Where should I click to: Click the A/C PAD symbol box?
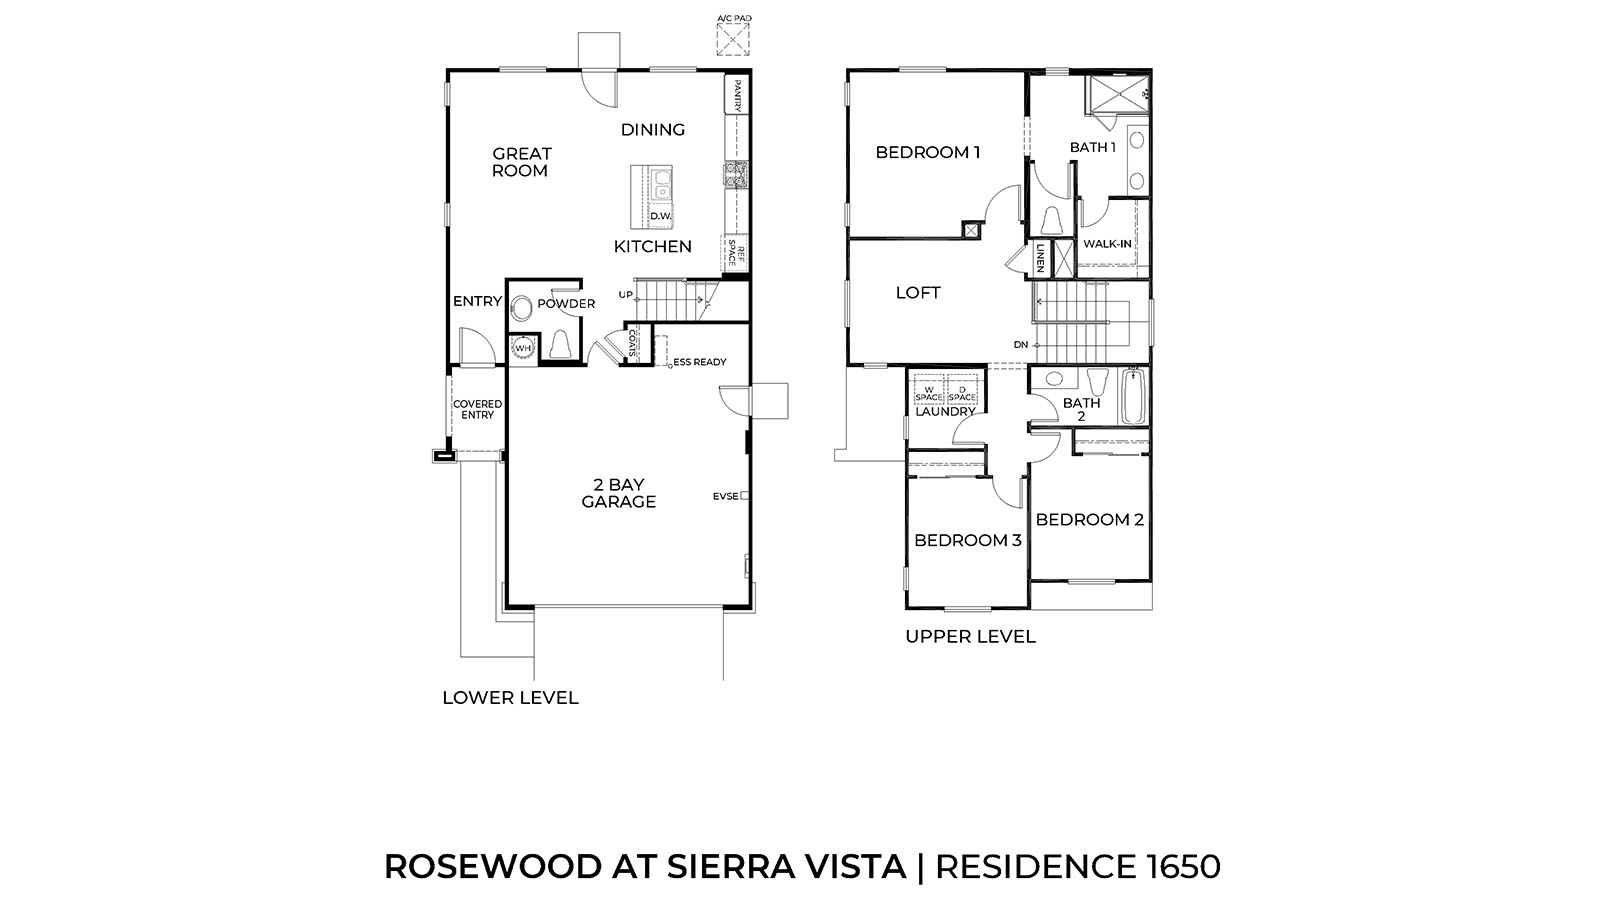[x=733, y=40]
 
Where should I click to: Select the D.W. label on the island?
[x=660, y=216]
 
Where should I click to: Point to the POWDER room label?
[x=566, y=304]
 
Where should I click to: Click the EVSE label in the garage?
[x=726, y=496]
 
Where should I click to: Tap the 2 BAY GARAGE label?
[x=619, y=493]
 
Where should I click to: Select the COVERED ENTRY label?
[x=477, y=409]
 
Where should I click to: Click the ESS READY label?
[x=700, y=362]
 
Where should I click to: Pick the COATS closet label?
[x=632, y=343]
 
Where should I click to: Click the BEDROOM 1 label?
[x=927, y=152]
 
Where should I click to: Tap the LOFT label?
[x=918, y=293]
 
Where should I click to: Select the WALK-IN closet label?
[x=1107, y=243]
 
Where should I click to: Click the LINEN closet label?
[x=1040, y=257]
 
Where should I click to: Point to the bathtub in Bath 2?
[x=1133, y=397]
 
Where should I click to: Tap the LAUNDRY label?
[x=945, y=411]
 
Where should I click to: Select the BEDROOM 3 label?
[x=967, y=540]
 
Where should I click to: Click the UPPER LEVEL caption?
[x=970, y=636]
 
